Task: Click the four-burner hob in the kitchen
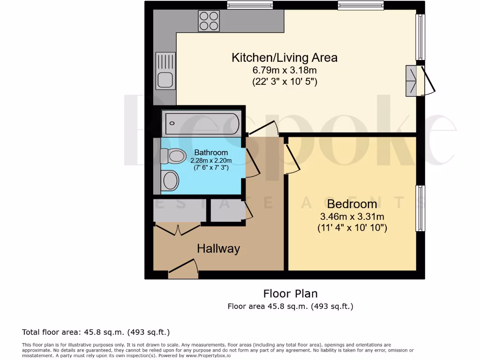[209, 20]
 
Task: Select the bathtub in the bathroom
[202, 123]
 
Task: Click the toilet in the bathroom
[172, 156]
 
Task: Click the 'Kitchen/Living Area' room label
[285, 58]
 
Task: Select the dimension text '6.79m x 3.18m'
[285, 70]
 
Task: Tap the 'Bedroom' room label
[352, 204]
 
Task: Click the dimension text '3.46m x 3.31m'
[352, 217]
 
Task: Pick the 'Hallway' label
[218, 248]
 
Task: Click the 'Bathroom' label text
[211, 152]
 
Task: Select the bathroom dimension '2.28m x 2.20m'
[211, 160]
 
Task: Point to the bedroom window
[420, 208]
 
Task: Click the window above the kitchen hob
[250, 5]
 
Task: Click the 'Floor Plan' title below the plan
[290, 294]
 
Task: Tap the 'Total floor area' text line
[96, 332]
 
